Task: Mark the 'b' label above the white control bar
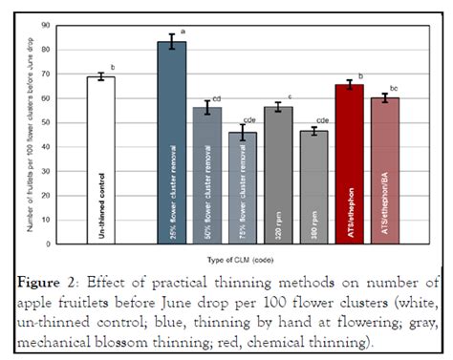click(113, 67)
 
